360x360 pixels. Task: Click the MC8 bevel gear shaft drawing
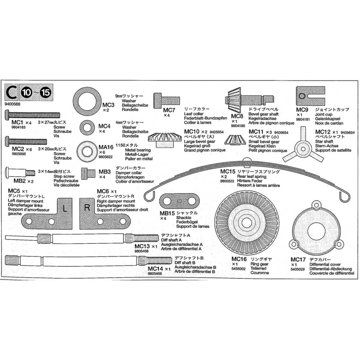(247, 99)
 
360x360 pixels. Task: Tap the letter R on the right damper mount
(86, 208)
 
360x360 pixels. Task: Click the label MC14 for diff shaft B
(155, 268)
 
